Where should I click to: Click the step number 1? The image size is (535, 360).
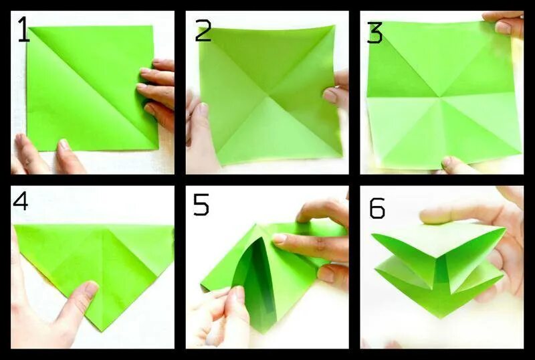(23, 29)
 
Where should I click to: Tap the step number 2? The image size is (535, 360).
(203, 29)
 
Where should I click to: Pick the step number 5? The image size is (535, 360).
(201, 204)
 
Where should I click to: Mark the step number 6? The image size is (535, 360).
(377, 207)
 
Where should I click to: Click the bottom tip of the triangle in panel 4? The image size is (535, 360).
(101, 331)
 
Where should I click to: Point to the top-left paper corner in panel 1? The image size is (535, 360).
(29, 27)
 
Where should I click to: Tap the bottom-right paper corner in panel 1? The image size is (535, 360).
(158, 149)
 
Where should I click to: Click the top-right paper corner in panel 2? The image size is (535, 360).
(334, 26)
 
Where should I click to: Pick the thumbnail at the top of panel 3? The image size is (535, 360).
(503, 27)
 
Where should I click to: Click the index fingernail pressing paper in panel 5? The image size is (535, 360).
(280, 238)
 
